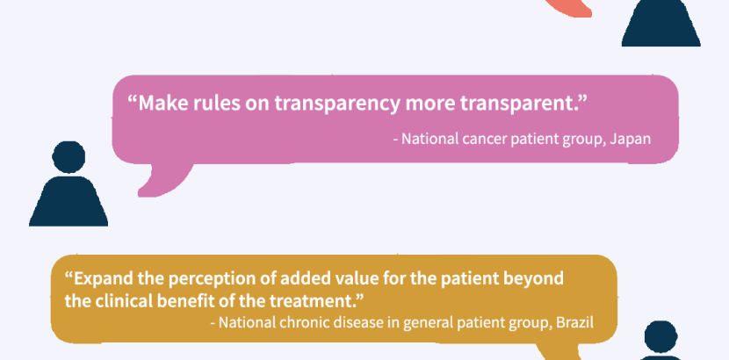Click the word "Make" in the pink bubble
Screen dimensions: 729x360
[x=162, y=103]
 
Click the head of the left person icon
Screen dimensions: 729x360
[x=69, y=157]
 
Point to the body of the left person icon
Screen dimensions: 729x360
[x=69, y=201]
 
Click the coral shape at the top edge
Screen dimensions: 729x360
[x=569, y=8]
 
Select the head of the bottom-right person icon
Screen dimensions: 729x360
[x=661, y=336]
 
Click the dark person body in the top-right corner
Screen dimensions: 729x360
[x=661, y=22]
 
